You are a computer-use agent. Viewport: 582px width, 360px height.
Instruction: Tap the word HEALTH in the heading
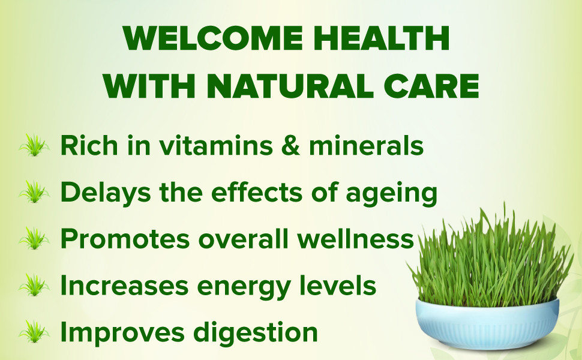pos(382,38)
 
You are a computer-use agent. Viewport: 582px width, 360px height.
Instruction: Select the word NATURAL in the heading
pos(290,86)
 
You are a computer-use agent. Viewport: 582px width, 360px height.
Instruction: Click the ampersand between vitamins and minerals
pos(290,145)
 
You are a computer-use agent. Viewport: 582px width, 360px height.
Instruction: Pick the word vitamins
pos(215,145)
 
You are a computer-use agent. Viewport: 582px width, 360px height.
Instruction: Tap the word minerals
pos(366,145)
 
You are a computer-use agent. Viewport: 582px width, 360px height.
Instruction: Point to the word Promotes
pos(125,239)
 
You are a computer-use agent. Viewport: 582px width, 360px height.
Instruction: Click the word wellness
pos(355,239)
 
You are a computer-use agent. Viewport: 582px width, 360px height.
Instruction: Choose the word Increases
pos(124,286)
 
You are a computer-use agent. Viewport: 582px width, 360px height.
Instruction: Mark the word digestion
pos(256,333)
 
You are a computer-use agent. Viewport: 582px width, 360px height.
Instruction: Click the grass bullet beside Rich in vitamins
pos(34,145)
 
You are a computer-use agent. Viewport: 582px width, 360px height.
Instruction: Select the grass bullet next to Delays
pos(34,192)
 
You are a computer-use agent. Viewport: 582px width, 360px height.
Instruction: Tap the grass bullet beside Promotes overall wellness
pos(34,239)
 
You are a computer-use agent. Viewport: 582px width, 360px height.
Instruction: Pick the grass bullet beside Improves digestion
pos(34,332)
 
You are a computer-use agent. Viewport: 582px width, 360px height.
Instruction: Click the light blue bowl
pos(487,325)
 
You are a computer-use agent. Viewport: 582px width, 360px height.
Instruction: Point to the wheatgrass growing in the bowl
pos(490,260)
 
